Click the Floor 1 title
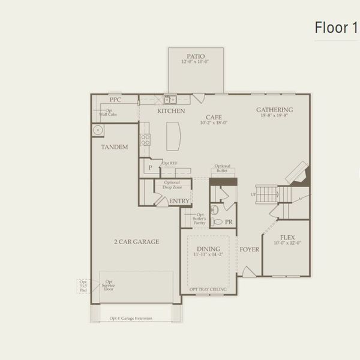pos(335,28)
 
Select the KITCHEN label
pos(170,111)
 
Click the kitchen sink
pos(170,99)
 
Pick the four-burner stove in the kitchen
pos(145,140)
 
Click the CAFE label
pos(214,117)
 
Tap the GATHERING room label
pos(274,110)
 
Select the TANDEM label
pos(115,146)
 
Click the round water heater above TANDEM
pos(97,130)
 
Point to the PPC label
pos(115,100)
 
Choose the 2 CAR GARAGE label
pos(137,242)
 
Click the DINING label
pos(208,248)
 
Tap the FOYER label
pos(249,249)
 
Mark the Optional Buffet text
pos(223,169)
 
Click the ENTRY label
pos(179,201)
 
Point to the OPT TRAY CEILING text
pos(208,289)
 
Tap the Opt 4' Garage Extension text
pos(131,318)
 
